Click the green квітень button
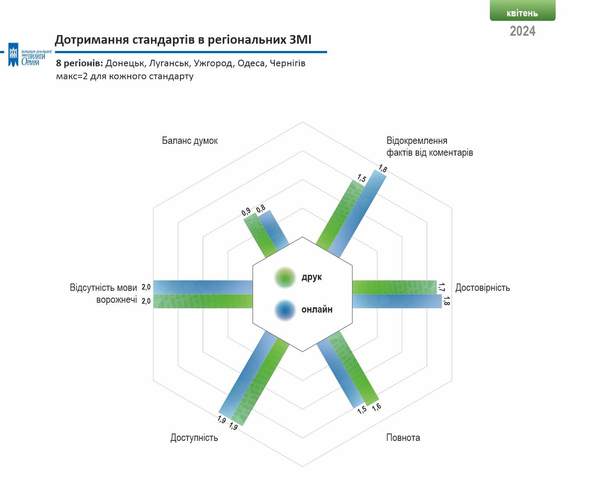(522, 11)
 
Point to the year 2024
(523, 31)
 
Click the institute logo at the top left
(30, 55)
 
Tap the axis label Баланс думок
(190, 140)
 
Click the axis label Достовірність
(482, 288)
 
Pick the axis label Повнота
(403, 438)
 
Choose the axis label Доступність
(194, 438)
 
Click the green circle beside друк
(285, 277)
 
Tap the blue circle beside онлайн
(285, 310)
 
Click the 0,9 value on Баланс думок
(246, 212)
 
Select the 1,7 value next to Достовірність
(441, 287)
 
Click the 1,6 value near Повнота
(377, 407)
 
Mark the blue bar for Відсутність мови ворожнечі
(203, 287)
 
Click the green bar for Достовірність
(395, 287)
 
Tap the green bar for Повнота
(353, 368)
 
